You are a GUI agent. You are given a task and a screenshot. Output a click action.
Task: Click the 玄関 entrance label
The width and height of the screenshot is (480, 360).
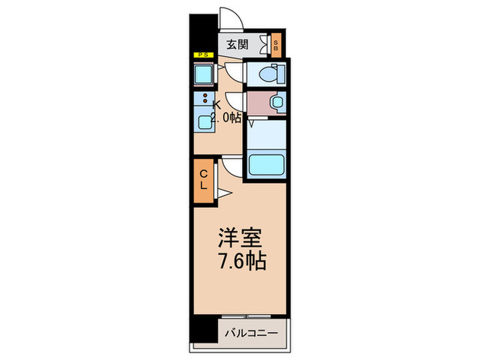pyautogui.click(x=238, y=46)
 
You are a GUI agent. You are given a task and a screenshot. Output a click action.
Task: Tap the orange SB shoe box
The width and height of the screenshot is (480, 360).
pyautogui.click(x=276, y=46)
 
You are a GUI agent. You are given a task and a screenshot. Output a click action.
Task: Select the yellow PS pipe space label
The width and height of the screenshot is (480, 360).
pyautogui.click(x=203, y=54)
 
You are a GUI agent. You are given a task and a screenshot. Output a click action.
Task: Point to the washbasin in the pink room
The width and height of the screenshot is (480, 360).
pyautogui.click(x=276, y=102)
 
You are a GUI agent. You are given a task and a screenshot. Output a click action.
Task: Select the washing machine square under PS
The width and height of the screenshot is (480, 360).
pyautogui.click(x=204, y=73)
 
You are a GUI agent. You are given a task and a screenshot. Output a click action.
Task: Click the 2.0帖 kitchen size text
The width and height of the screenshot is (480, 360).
pyautogui.click(x=226, y=117)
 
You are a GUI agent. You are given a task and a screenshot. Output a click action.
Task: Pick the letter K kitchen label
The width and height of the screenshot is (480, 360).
pyautogui.click(x=217, y=104)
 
